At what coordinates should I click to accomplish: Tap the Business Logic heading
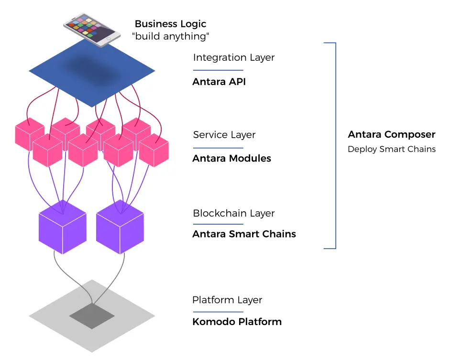pos(170,24)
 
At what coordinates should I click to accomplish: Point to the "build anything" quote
pos(171,36)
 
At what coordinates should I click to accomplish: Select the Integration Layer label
pos(234,58)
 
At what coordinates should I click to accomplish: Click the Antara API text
pos(219,82)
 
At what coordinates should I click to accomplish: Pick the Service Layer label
pos(224,135)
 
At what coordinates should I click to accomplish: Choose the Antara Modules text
pos(231,158)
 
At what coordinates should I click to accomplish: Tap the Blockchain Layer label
pos(234,213)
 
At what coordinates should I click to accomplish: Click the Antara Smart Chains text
pos(244,234)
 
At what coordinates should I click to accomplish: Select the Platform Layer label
pos(227,300)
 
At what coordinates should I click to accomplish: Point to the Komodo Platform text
pos(237,321)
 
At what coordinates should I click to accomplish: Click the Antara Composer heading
pos(392,134)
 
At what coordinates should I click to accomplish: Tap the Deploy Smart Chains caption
pos(392,149)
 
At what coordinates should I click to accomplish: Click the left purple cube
pos(63,228)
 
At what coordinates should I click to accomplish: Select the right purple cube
pos(120,228)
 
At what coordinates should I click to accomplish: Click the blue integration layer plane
pos(92,72)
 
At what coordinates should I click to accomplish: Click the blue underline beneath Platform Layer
pos(218,311)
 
